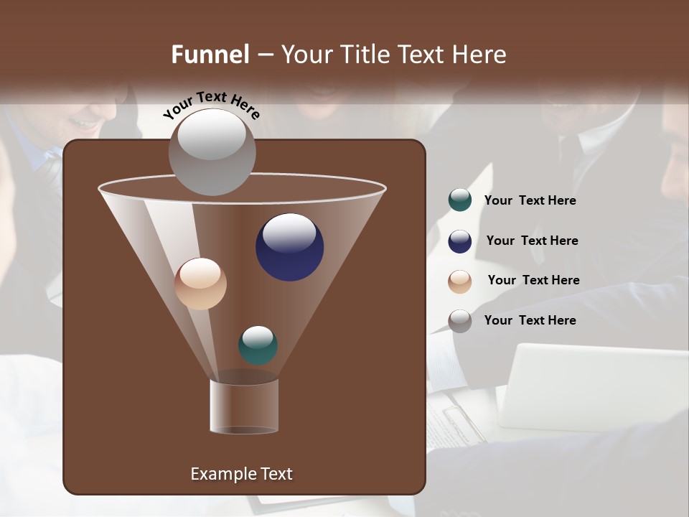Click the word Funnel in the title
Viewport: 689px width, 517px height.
click(x=210, y=55)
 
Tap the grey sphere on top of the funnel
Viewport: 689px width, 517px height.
click(x=212, y=152)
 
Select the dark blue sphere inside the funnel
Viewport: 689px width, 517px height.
click(x=289, y=247)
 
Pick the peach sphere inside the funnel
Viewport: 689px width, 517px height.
click(x=200, y=284)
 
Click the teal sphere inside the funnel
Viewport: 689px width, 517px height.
click(x=258, y=345)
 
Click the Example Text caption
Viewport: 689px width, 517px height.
click(x=241, y=474)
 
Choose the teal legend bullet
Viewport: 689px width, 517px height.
click(x=460, y=200)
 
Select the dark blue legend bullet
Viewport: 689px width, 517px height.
click(x=460, y=241)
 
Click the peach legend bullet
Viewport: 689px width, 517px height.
click(x=460, y=281)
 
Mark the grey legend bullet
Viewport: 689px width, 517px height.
click(x=460, y=320)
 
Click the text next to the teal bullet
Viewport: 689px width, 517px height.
click(x=530, y=201)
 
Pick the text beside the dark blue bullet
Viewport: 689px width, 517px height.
click(x=532, y=241)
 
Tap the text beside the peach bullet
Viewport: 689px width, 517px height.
click(x=533, y=281)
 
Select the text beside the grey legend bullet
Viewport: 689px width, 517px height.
click(x=530, y=320)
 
